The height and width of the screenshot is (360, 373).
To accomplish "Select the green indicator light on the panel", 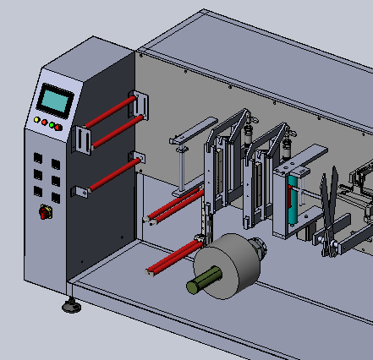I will [52, 126].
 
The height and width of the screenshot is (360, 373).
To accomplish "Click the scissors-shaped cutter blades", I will [329, 211].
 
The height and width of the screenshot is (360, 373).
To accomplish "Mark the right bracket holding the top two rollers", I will [140, 106].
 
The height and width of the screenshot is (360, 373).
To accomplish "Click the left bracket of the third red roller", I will [82, 192].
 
